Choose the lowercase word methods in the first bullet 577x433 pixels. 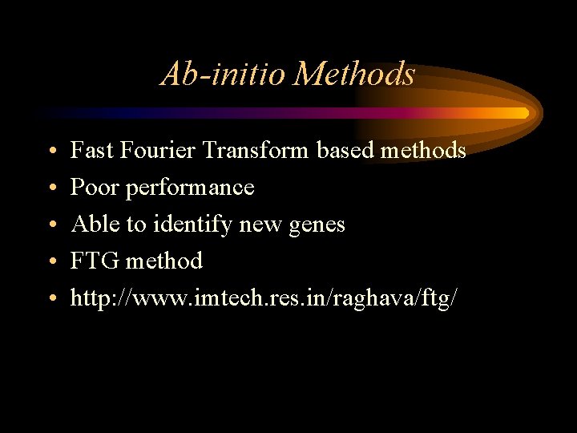tap(424, 150)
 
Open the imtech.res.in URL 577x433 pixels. tap(264, 298)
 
